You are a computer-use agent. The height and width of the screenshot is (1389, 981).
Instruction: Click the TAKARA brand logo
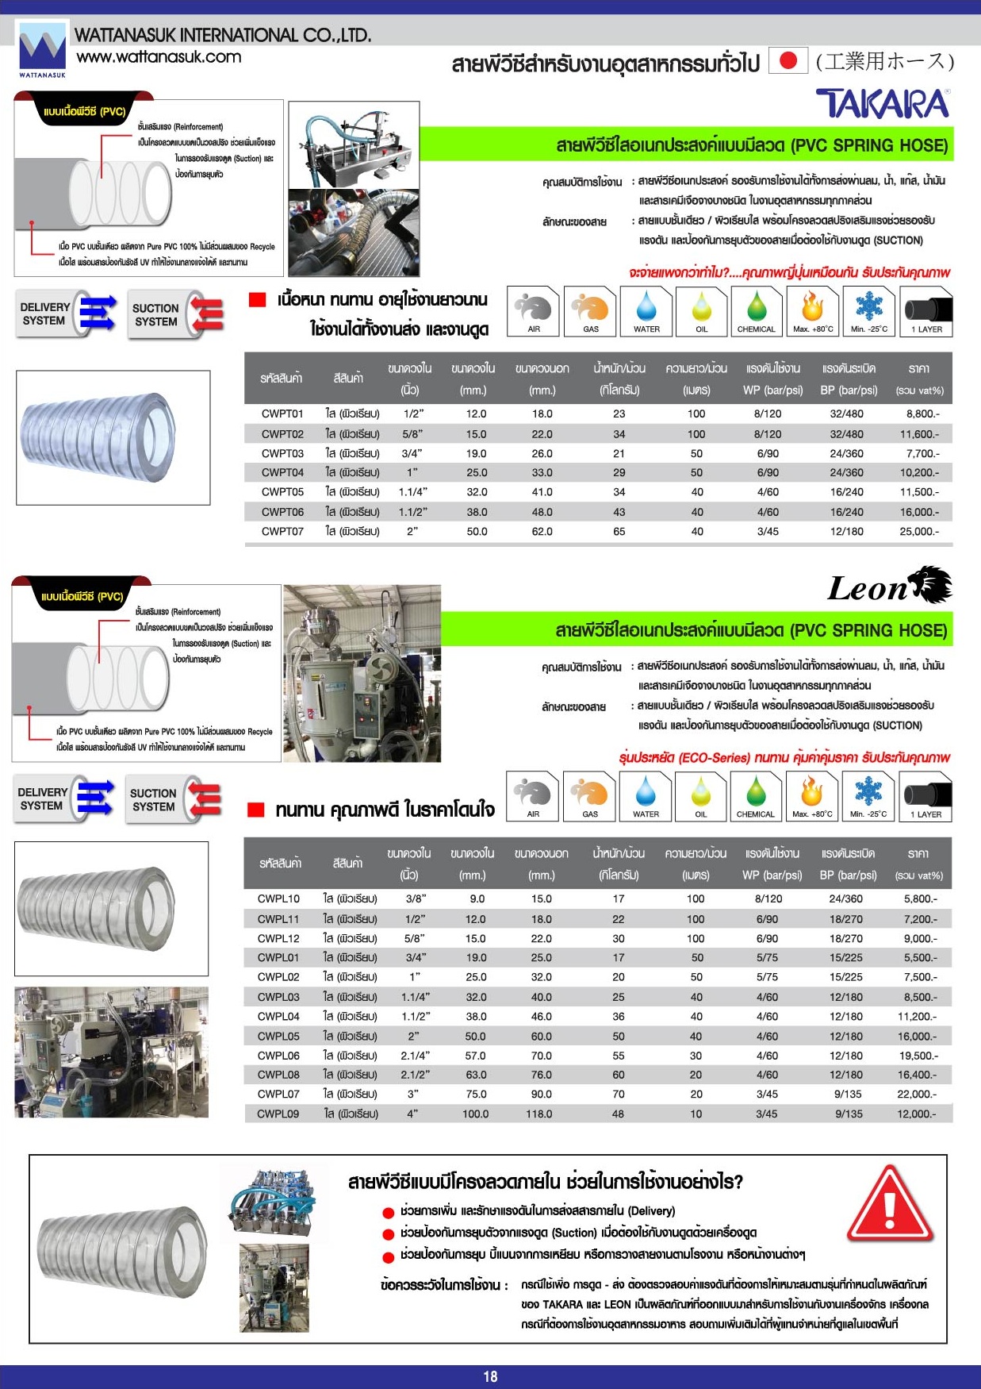click(882, 104)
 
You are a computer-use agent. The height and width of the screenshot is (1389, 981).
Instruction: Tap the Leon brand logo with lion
click(890, 587)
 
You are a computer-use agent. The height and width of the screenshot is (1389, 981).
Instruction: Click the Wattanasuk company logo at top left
click(42, 49)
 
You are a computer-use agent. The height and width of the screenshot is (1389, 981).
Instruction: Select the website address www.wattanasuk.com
click(159, 57)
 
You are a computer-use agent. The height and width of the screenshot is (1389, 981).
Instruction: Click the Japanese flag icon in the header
click(787, 61)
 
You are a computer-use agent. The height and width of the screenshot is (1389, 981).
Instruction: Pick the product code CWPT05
click(282, 492)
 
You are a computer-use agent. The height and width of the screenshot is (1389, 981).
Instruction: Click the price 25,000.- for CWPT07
click(919, 531)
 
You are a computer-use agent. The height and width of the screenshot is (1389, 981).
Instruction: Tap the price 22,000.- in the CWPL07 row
click(917, 1094)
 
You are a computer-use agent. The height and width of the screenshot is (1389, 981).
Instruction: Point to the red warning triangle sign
click(890, 1203)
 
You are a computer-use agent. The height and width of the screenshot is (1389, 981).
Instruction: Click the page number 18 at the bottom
click(490, 1376)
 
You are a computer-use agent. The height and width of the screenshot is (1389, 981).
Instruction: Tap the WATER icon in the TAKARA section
click(646, 311)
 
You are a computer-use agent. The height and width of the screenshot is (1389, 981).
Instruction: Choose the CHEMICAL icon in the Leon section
click(755, 796)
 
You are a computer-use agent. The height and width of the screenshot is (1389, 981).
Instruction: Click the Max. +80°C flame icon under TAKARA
click(813, 311)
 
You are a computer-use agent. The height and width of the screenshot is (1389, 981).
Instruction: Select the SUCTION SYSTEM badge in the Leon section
click(174, 800)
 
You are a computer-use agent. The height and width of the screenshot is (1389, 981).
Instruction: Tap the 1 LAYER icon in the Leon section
click(925, 796)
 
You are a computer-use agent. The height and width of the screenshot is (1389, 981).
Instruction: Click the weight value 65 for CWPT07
click(619, 531)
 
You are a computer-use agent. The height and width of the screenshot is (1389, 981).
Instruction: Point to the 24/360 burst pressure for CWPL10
click(846, 898)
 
